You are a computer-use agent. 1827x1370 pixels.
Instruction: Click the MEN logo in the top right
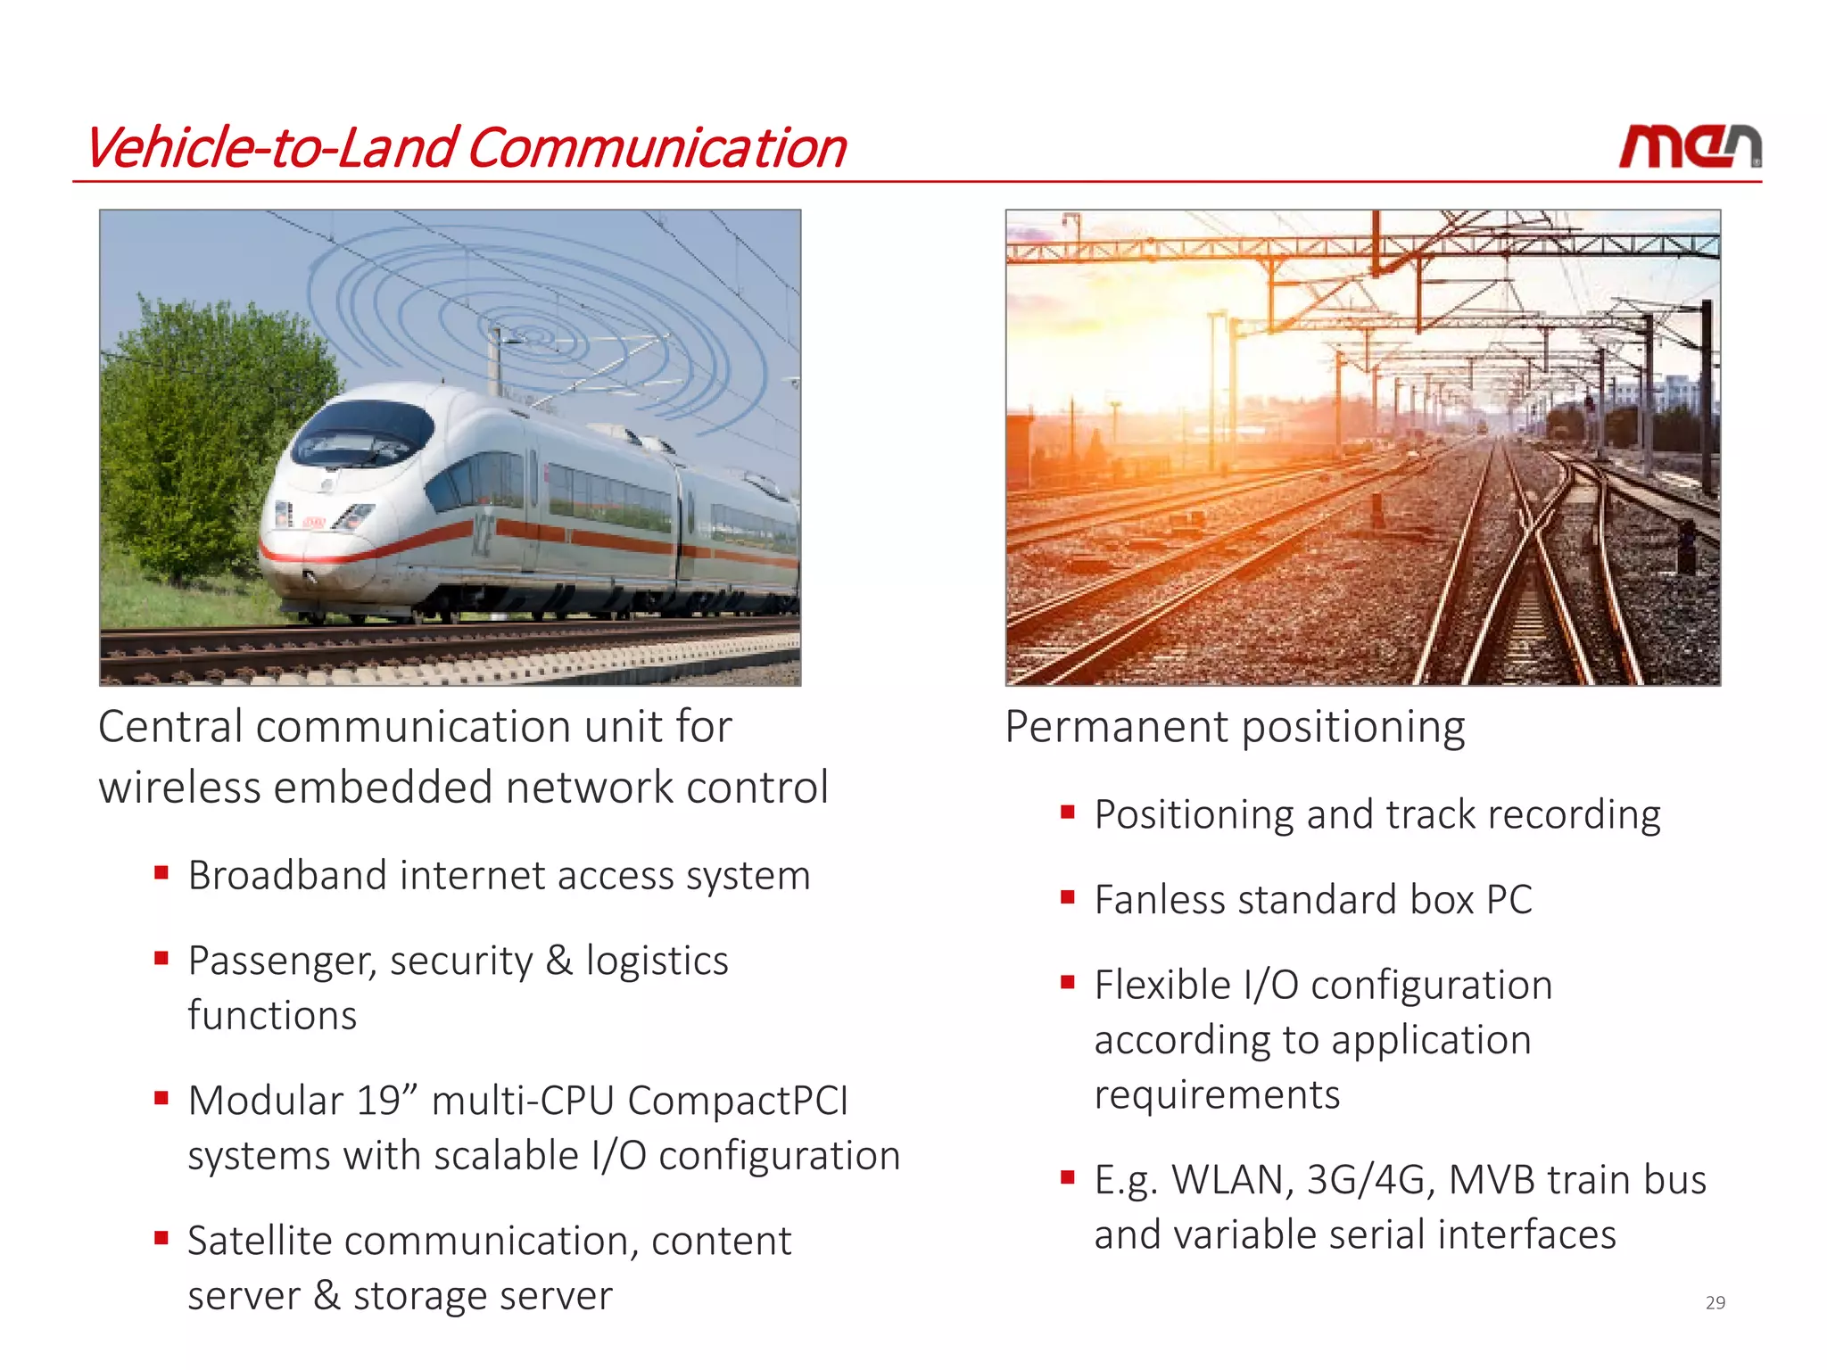[1690, 146]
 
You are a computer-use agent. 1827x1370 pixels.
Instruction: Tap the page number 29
[1715, 1302]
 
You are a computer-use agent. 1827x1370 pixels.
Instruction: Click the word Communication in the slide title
[657, 148]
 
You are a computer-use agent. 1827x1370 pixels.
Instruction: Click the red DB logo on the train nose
[314, 521]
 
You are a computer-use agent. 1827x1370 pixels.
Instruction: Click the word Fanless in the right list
[1155, 900]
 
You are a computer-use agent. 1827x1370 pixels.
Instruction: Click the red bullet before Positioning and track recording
[1067, 812]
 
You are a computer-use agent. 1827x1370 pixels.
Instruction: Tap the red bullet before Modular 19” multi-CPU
[161, 1098]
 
